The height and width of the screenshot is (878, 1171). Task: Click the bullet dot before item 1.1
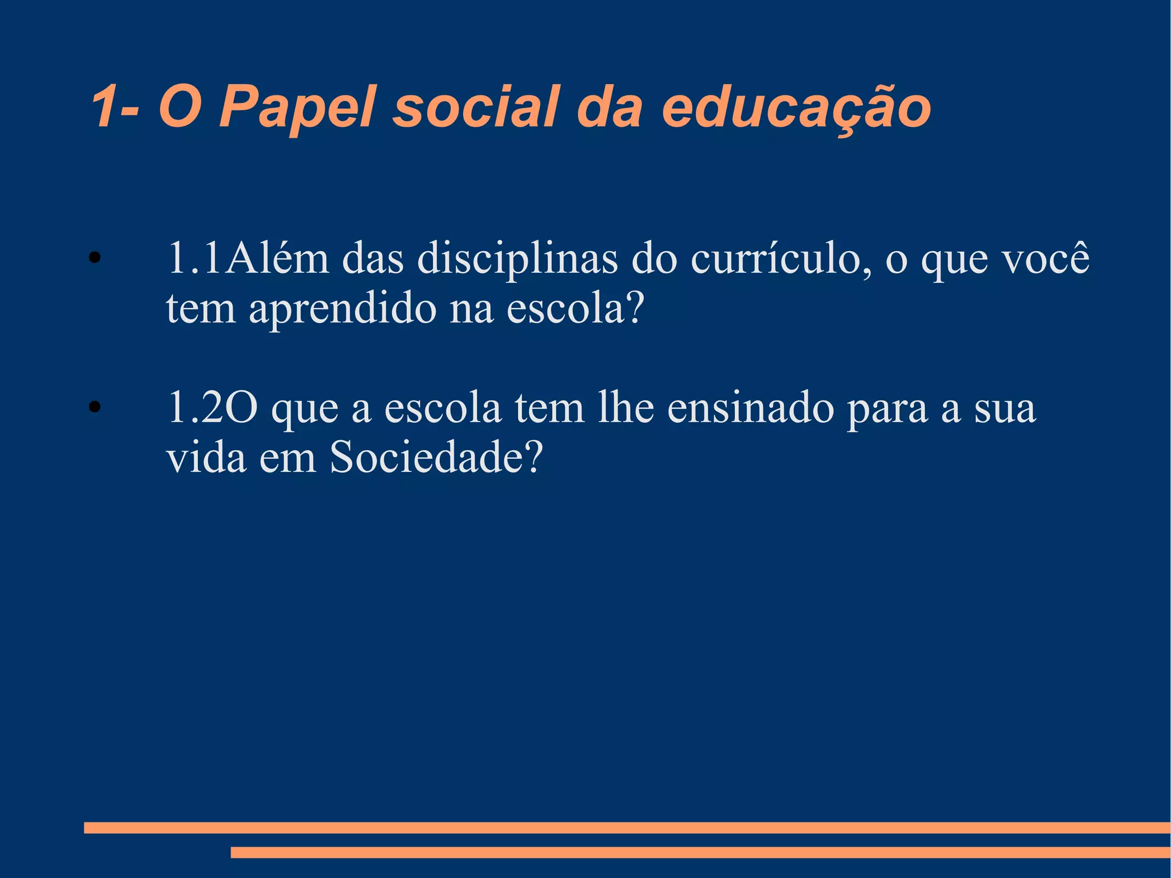pos(94,258)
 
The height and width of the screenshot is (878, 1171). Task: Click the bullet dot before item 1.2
pos(94,407)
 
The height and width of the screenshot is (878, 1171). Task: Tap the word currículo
pos(781,259)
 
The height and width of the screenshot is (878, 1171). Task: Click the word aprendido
pos(342,309)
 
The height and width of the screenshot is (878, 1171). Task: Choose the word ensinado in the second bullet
pos(751,408)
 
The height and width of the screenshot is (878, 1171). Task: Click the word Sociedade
pos(427,458)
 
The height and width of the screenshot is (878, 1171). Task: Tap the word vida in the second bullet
pos(206,458)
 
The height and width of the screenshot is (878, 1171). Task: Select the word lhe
pos(626,408)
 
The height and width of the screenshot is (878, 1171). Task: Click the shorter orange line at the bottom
pos(700,852)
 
